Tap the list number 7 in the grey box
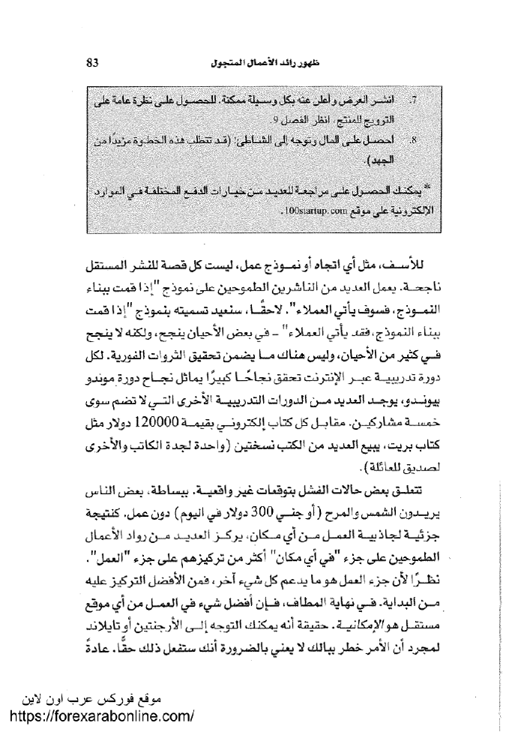[x=415, y=100]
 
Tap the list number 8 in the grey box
[x=415, y=140]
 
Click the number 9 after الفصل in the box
[x=274, y=119]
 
